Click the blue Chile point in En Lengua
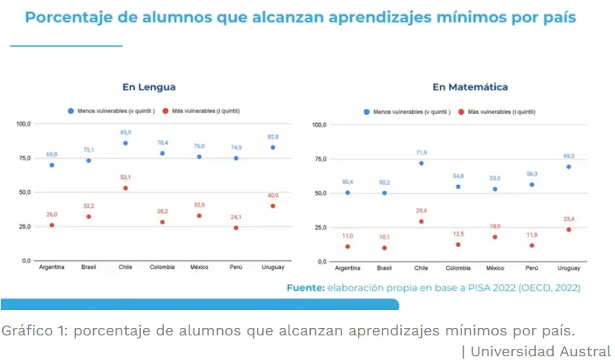coord(125,143)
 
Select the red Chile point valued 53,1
coord(125,188)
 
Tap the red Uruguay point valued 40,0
coord(273,206)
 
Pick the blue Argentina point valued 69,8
coord(51,165)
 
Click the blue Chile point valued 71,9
coord(421,163)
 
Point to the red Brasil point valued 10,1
coord(385,247)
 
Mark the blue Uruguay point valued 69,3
coord(570,167)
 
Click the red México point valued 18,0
coord(495,237)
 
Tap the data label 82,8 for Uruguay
coord(273,137)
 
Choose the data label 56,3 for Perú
coord(532,174)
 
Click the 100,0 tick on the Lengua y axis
coord(24,124)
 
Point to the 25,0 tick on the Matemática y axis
coord(320,227)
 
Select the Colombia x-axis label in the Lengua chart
coord(163,267)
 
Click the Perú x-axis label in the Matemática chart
coord(532,268)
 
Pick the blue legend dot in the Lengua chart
coord(71,110)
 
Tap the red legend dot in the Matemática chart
coord(462,112)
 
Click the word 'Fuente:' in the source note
coord(306,287)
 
